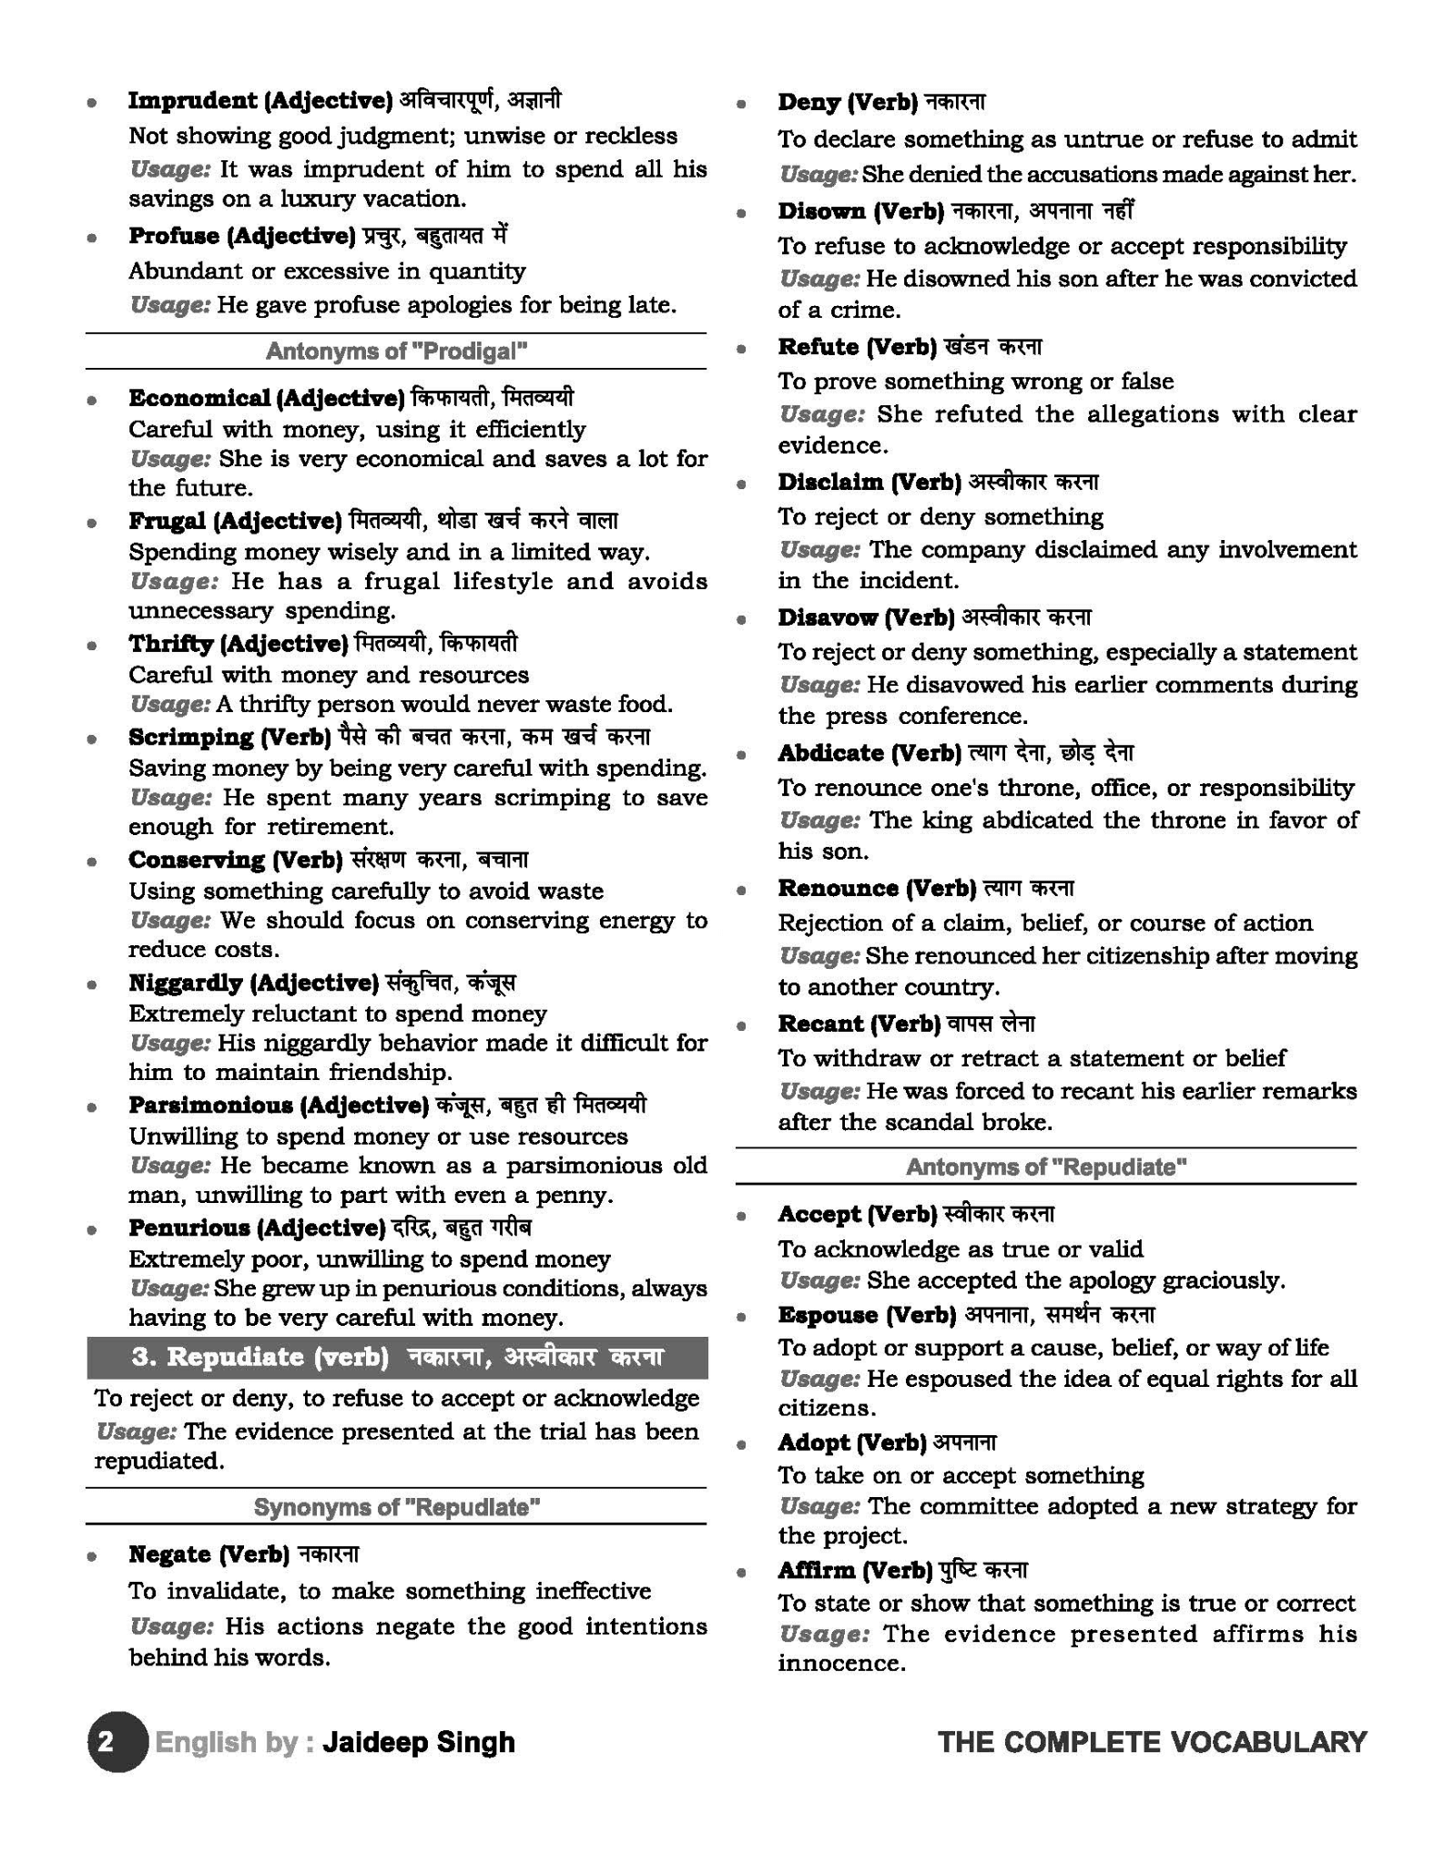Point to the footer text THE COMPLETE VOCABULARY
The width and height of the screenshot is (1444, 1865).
[1152, 1742]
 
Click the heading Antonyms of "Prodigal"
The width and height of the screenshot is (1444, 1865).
[396, 352]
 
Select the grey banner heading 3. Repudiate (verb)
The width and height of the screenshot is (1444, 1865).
[397, 1357]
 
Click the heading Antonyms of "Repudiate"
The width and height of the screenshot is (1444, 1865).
[1046, 1167]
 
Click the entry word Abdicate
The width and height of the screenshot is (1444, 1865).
[830, 753]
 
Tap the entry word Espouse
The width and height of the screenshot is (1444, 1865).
[828, 1315]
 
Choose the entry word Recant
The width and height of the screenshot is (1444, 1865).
[820, 1024]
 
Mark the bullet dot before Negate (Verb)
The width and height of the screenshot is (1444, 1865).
[92, 1556]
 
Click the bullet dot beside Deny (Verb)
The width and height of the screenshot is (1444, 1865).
[742, 104]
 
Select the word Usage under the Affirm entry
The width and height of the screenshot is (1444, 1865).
[823, 1634]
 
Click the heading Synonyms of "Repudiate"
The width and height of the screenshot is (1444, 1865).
[396, 1507]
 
